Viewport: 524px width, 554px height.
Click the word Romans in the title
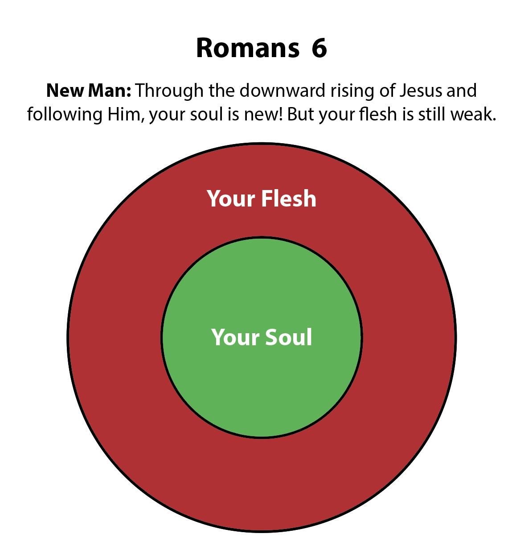pos(248,48)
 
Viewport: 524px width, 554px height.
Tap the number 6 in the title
pos(319,48)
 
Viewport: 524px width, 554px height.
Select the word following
pos(64,115)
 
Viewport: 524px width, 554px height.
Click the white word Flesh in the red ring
pos(289,198)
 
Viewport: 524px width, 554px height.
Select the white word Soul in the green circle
pos(289,337)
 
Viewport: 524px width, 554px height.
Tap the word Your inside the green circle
pos(235,337)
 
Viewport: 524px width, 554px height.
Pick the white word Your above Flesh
pos(231,198)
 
